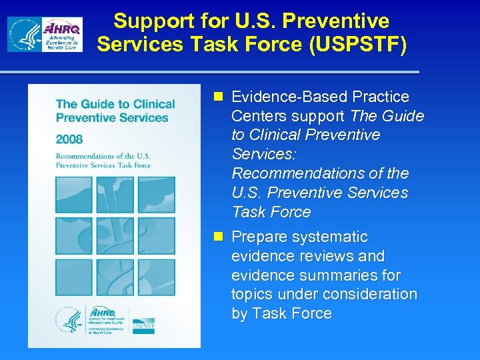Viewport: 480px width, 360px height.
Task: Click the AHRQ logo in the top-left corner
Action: tap(45, 35)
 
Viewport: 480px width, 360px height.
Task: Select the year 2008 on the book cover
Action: tap(70, 139)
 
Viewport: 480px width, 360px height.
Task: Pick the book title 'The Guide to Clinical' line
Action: tap(115, 104)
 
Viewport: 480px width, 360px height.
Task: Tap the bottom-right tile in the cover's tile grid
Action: tap(156, 277)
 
